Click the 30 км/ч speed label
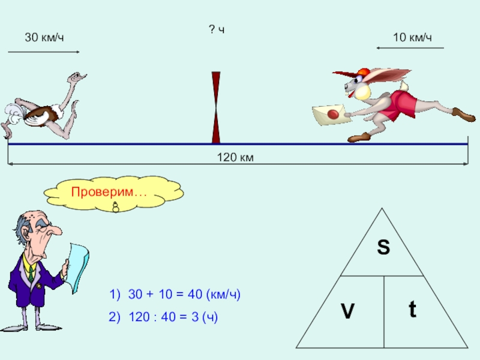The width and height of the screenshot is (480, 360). click(x=44, y=38)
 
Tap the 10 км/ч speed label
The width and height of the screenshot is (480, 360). click(x=412, y=38)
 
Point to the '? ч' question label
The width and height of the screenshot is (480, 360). click(x=217, y=29)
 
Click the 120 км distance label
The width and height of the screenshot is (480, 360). click(x=236, y=158)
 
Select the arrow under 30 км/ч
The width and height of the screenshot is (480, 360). click(x=43, y=52)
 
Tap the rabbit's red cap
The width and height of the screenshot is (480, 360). click(x=362, y=74)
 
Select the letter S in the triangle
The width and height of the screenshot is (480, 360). click(x=383, y=247)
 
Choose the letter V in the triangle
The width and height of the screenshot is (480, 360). click(x=347, y=311)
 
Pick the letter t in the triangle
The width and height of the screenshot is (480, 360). click(x=413, y=310)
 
